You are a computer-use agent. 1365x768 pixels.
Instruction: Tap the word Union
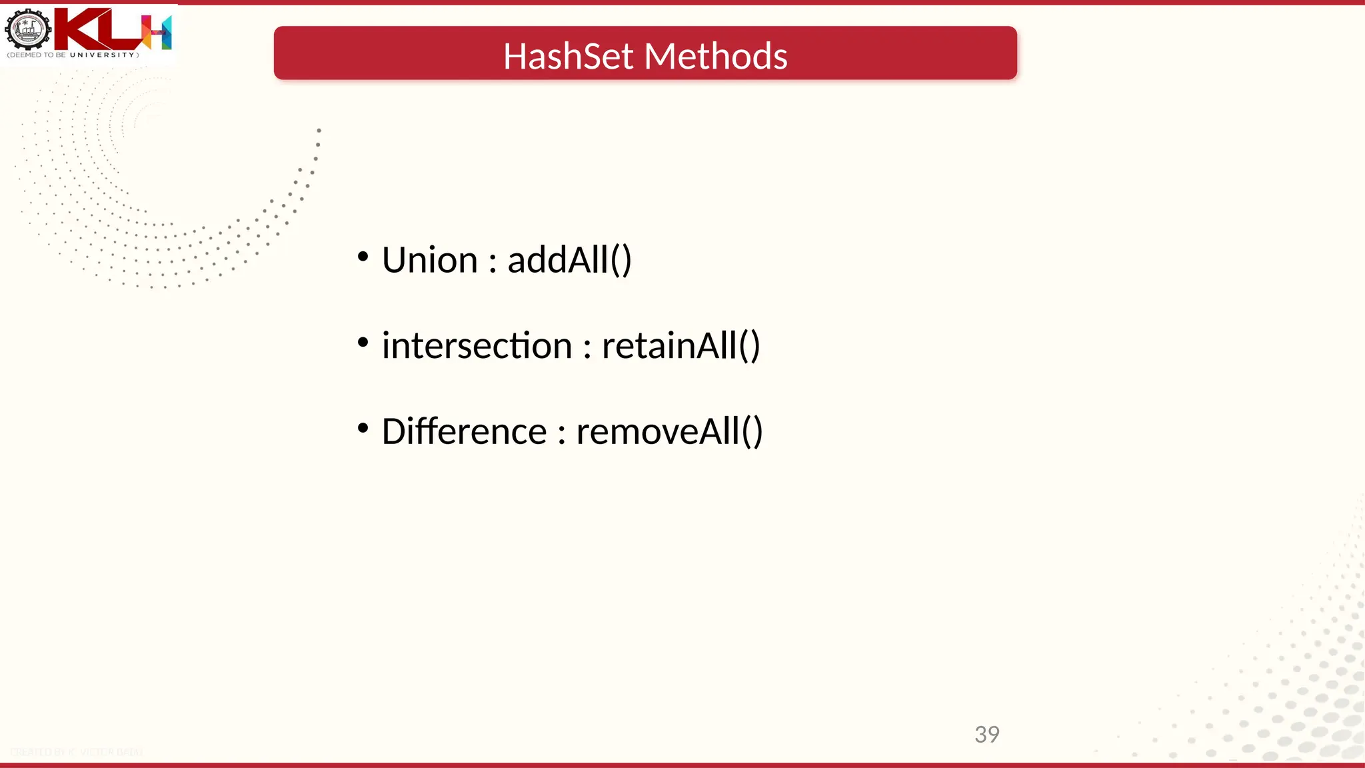pyautogui.click(x=430, y=260)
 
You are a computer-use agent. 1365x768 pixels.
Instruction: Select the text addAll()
pyautogui.click(x=569, y=260)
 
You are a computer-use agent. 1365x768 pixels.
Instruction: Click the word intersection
pyautogui.click(x=477, y=346)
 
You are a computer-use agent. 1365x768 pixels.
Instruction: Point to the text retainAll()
pyautogui.click(x=681, y=346)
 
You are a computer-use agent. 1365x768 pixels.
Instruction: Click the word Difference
pyautogui.click(x=464, y=431)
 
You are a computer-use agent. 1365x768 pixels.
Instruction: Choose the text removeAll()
pyautogui.click(x=669, y=431)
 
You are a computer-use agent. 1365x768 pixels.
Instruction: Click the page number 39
pyautogui.click(x=986, y=735)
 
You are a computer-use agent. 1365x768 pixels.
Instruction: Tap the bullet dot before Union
pyautogui.click(x=363, y=257)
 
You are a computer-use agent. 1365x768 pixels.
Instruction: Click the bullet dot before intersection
pyautogui.click(x=363, y=343)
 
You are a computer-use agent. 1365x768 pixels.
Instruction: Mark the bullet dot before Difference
pyautogui.click(x=363, y=428)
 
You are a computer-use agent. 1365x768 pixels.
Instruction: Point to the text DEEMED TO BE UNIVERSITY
pyautogui.click(x=73, y=55)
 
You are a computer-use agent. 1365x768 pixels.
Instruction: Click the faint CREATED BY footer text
pyautogui.click(x=77, y=752)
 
